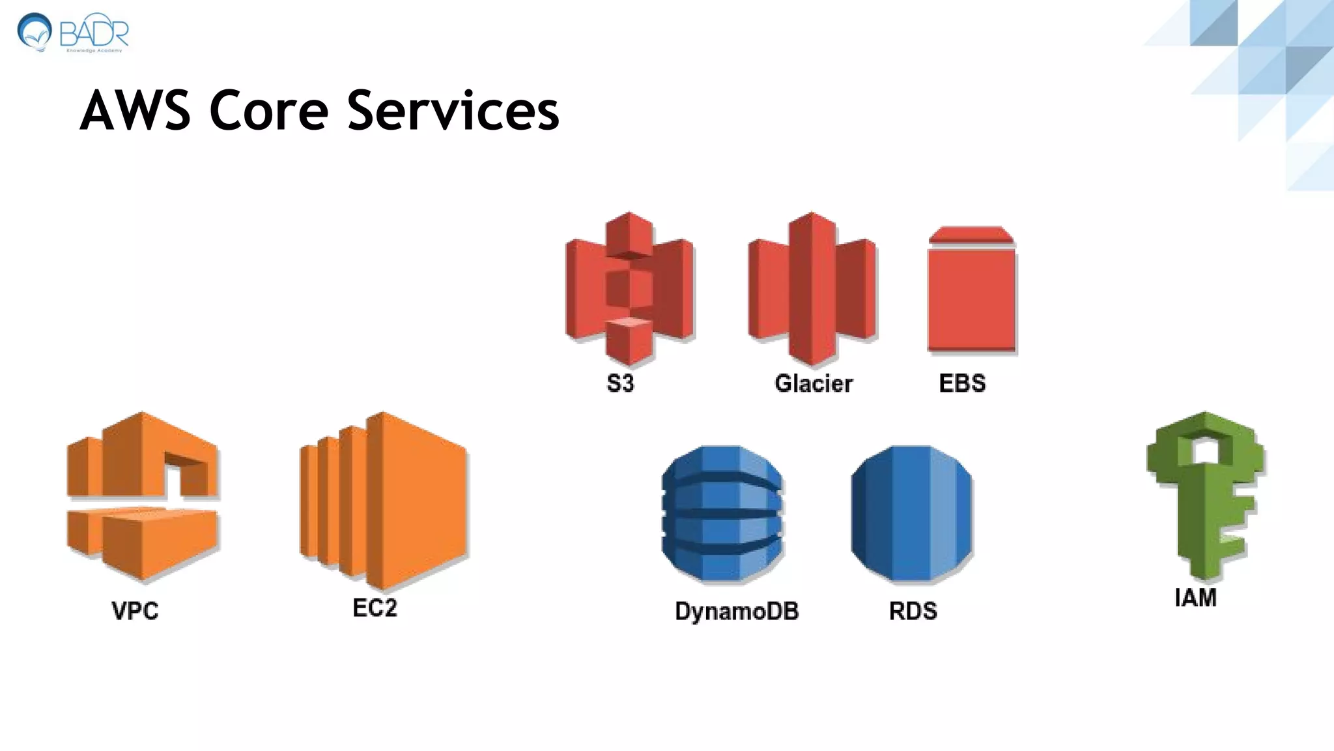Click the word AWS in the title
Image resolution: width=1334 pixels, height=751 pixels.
(x=135, y=111)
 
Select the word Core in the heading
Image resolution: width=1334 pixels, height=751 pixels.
(x=268, y=111)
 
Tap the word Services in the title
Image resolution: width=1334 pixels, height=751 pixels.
(x=453, y=111)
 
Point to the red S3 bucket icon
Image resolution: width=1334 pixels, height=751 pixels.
(x=629, y=287)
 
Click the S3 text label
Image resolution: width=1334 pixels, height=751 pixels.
(x=620, y=383)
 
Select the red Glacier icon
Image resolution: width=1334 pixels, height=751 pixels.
(x=812, y=287)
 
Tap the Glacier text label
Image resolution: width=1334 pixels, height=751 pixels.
(x=814, y=383)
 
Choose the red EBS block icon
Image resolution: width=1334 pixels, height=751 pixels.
(x=971, y=290)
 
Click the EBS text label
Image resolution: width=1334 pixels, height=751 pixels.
(x=962, y=383)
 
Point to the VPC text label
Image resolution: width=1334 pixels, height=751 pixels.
(x=135, y=611)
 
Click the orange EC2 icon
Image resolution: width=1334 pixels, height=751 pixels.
(x=383, y=500)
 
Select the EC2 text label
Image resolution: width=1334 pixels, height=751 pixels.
(x=375, y=608)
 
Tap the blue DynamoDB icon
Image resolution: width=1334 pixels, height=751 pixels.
(x=722, y=513)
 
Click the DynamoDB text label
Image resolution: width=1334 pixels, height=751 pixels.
(x=737, y=611)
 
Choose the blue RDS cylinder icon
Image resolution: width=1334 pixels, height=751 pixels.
(x=911, y=513)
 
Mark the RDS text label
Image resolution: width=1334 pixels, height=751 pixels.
(x=913, y=611)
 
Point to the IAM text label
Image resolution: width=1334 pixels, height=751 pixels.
(x=1195, y=597)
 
